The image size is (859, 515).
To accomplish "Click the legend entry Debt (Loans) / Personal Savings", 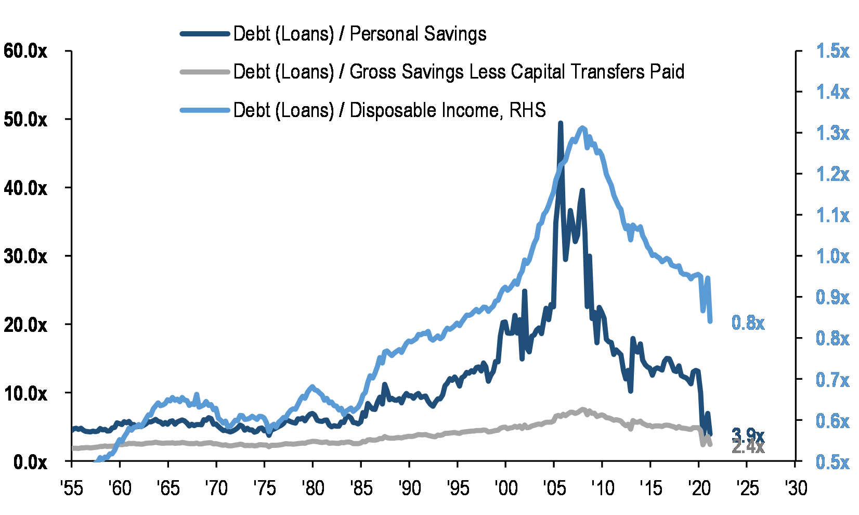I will tap(359, 34).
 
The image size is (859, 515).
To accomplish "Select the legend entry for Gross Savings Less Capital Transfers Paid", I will tap(458, 72).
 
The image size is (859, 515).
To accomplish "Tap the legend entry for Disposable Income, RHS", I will tap(389, 110).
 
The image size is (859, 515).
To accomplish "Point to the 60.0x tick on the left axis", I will tap(25, 51).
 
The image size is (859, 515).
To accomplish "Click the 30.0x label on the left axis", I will tap(25, 256).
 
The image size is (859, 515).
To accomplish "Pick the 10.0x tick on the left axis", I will tap(25, 393).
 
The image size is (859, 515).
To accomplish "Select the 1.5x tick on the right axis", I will tap(832, 51).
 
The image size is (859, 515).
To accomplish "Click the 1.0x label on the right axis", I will tap(832, 256).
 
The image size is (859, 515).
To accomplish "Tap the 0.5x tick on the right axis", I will tap(832, 461).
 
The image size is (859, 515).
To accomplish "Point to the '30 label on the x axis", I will tap(795, 488).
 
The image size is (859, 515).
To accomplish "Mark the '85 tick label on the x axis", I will tap(361, 488).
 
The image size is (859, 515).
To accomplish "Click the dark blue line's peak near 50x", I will tap(560, 123).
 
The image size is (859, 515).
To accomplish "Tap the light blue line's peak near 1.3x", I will tap(582, 128).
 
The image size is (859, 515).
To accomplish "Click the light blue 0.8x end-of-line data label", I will tap(748, 323).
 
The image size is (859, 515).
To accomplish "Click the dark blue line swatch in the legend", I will tap(205, 34).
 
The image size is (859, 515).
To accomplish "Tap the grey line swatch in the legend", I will tap(205, 72).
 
